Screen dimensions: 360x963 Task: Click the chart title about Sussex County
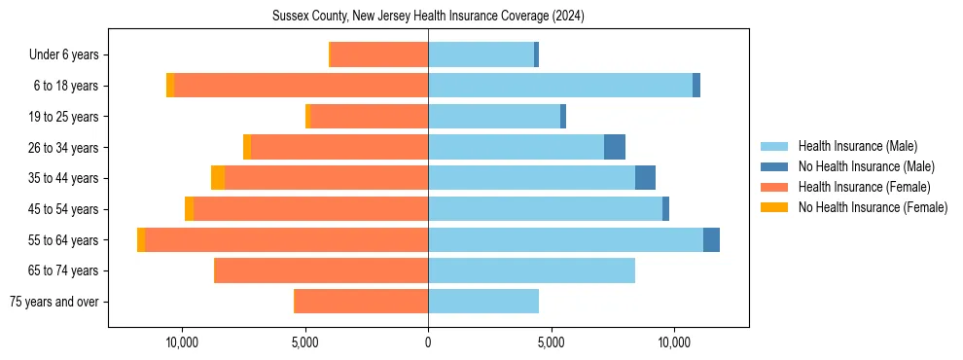[x=428, y=17]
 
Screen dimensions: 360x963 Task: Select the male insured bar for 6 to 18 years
[x=560, y=86]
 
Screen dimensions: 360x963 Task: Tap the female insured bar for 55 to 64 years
[x=287, y=239]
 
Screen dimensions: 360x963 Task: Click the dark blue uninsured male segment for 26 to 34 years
[x=615, y=147]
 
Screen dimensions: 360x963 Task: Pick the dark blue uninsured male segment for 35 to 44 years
[x=645, y=178]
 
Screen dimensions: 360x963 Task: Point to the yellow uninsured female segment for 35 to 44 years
[x=218, y=178]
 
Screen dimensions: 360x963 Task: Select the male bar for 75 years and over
[x=483, y=302]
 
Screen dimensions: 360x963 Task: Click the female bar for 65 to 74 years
[x=321, y=270]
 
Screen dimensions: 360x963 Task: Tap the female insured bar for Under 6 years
[x=379, y=54]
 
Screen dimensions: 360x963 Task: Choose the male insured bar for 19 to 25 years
[x=494, y=117]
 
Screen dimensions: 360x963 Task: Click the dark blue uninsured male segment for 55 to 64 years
[x=711, y=239]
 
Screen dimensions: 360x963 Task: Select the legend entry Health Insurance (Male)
[x=857, y=146]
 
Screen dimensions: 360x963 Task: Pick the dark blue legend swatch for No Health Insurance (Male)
[x=774, y=166]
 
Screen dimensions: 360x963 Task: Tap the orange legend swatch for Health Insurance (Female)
[x=774, y=187]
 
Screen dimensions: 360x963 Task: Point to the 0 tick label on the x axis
[x=428, y=342]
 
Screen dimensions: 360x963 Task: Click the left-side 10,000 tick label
[x=182, y=342]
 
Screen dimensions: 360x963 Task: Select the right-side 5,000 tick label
[x=551, y=342]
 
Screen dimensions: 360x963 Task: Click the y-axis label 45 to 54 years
[x=63, y=209]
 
